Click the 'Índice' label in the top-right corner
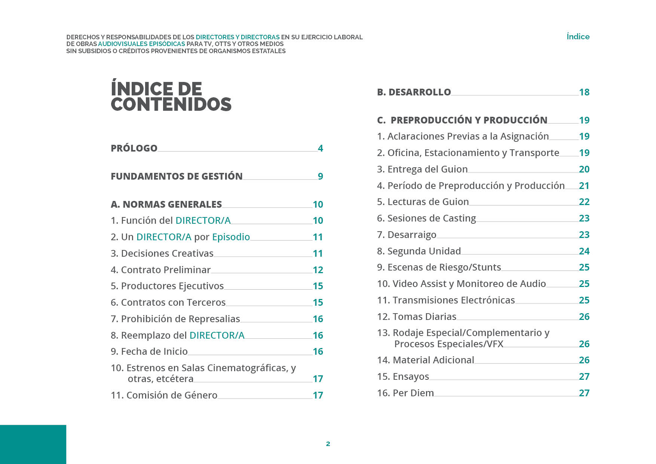click(x=578, y=37)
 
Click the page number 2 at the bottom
click(x=328, y=444)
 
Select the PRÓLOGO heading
click(x=134, y=148)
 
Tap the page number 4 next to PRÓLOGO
click(x=321, y=148)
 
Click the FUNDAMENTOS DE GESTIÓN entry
click(x=177, y=176)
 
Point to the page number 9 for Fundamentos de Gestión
click(x=321, y=176)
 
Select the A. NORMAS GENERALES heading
click(x=166, y=204)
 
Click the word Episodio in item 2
click(x=231, y=237)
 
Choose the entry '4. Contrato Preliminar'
click(x=160, y=270)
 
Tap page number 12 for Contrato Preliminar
click(x=318, y=270)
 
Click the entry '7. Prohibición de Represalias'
click(x=175, y=319)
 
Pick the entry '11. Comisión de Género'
click(x=164, y=395)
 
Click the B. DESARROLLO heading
click(x=414, y=92)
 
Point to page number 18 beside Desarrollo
click(x=584, y=92)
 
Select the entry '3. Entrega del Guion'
click(x=422, y=169)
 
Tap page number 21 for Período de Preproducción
click(x=584, y=186)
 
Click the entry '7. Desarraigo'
click(x=407, y=235)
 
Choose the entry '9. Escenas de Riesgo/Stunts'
click(x=439, y=267)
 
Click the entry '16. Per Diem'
click(x=405, y=393)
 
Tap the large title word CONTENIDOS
click(x=171, y=104)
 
